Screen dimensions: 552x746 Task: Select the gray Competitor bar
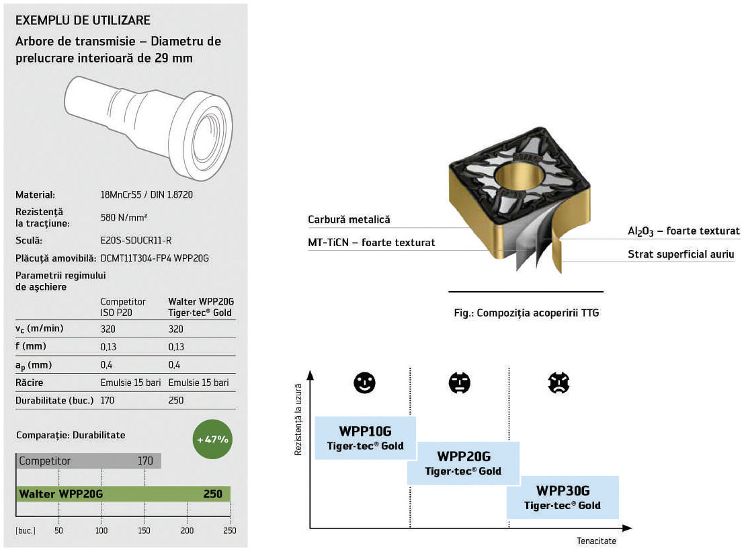point(88,461)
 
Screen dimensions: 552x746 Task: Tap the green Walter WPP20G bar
point(123,494)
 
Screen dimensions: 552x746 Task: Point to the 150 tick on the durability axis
point(144,530)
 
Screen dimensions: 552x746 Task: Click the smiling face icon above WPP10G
point(364,383)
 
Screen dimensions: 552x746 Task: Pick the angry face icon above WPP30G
point(558,383)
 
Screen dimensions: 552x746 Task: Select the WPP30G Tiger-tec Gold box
point(563,497)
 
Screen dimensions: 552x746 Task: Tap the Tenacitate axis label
point(595,541)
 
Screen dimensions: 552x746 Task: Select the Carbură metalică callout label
point(349,220)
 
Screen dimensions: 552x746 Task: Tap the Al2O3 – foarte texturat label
point(683,231)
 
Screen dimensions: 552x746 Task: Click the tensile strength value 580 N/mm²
point(124,218)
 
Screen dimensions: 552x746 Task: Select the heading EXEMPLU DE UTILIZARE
point(83,20)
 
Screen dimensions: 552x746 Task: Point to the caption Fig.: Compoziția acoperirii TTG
point(526,313)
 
